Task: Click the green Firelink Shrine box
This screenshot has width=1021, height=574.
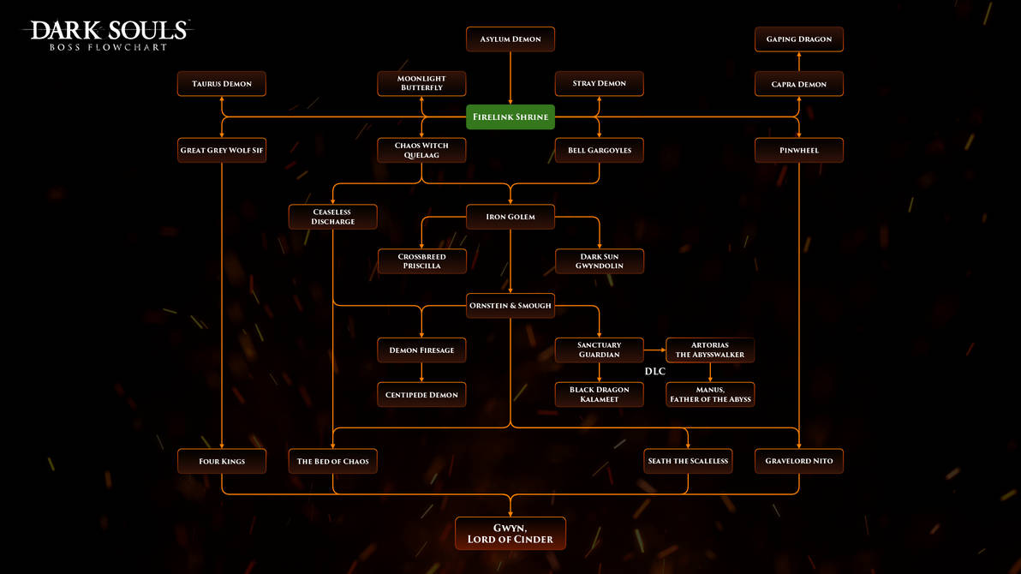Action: (511, 117)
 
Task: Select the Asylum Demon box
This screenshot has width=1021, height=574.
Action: (511, 39)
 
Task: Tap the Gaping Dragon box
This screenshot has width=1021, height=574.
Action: (798, 39)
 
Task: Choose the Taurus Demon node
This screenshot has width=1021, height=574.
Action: (222, 84)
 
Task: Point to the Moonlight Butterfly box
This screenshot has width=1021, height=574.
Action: (421, 84)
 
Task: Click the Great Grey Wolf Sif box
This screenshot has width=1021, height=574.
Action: (222, 151)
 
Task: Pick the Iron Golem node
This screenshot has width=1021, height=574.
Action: (511, 217)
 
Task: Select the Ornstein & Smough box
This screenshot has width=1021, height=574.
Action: (511, 306)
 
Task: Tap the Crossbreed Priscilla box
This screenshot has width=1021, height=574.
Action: (421, 261)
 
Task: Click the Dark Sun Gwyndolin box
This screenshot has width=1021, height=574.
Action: (600, 261)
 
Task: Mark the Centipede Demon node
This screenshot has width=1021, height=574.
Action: (421, 395)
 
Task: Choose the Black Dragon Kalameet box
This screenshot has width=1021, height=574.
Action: (600, 395)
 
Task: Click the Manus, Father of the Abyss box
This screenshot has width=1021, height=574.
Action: (710, 395)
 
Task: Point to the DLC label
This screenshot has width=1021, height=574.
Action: (654, 372)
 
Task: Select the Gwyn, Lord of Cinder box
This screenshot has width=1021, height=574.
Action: (511, 534)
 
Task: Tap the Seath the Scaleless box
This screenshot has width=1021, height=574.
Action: (688, 461)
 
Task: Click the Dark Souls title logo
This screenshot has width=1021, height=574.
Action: (108, 34)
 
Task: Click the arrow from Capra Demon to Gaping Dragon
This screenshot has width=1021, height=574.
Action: (798, 62)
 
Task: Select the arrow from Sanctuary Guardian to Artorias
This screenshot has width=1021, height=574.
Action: (655, 350)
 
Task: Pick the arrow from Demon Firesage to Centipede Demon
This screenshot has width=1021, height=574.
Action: (421, 373)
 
